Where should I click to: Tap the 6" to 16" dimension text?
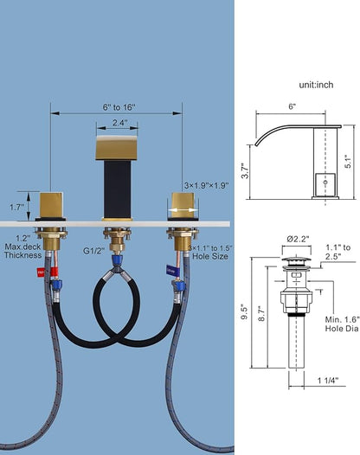click(x=119, y=107)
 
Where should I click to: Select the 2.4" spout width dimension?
click(x=120, y=123)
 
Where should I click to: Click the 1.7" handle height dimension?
click(x=16, y=208)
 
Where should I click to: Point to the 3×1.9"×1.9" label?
click(x=207, y=185)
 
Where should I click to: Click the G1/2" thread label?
click(x=93, y=251)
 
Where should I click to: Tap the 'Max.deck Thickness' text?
click(x=23, y=252)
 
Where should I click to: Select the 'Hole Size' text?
click(x=210, y=256)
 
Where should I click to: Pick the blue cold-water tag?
click(x=170, y=270)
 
